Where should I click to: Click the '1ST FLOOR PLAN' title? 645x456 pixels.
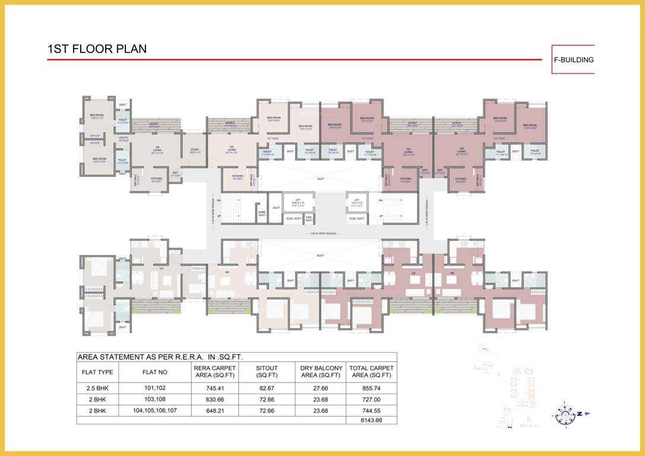(97, 49)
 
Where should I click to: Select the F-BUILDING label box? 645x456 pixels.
(573, 59)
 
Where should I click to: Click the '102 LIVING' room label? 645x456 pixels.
(157, 150)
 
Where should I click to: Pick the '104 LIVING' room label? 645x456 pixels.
(408, 151)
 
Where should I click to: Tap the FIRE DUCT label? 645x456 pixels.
(309, 218)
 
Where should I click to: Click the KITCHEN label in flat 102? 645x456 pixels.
(156, 179)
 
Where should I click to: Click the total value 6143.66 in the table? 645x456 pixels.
(371, 420)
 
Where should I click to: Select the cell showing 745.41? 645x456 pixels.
(214, 388)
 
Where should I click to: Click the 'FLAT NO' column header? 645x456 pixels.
(154, 372)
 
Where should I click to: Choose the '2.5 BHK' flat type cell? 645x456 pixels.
(97, 388)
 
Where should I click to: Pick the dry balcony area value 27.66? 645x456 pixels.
(321, 388)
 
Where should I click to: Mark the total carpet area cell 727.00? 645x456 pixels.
(371, 399)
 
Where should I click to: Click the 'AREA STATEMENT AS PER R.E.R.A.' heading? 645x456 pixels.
(159, 357)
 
